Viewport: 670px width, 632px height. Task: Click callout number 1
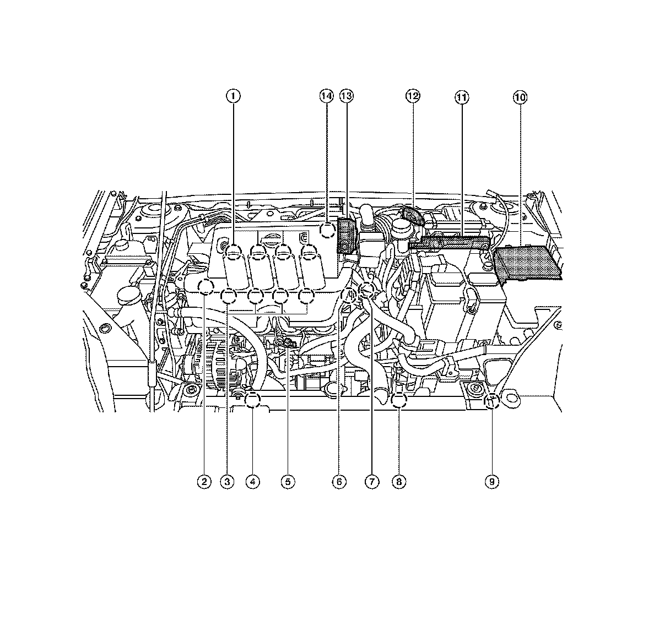pyautogui.click(x=233, y=96)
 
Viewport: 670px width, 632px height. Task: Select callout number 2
pyautogui.click(x=204, y=482)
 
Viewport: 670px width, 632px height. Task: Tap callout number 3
pyautogui.click(x=227, y=482)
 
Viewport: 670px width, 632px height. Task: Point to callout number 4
pyautogui.click(x=253, y=482)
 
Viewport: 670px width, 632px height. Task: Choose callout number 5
pyautogui.click(x=288, y=482)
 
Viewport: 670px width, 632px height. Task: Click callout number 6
pyautogui.click(x=339, y=482)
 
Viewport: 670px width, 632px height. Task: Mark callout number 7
pyautogui.click(x=372, y=482)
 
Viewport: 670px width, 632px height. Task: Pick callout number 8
pyautogui.click(x=399, y=482)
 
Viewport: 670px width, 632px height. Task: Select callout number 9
pyautogui.click(x=492, y=482)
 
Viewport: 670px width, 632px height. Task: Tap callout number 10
pyautogui.click(x=520, y=97)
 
